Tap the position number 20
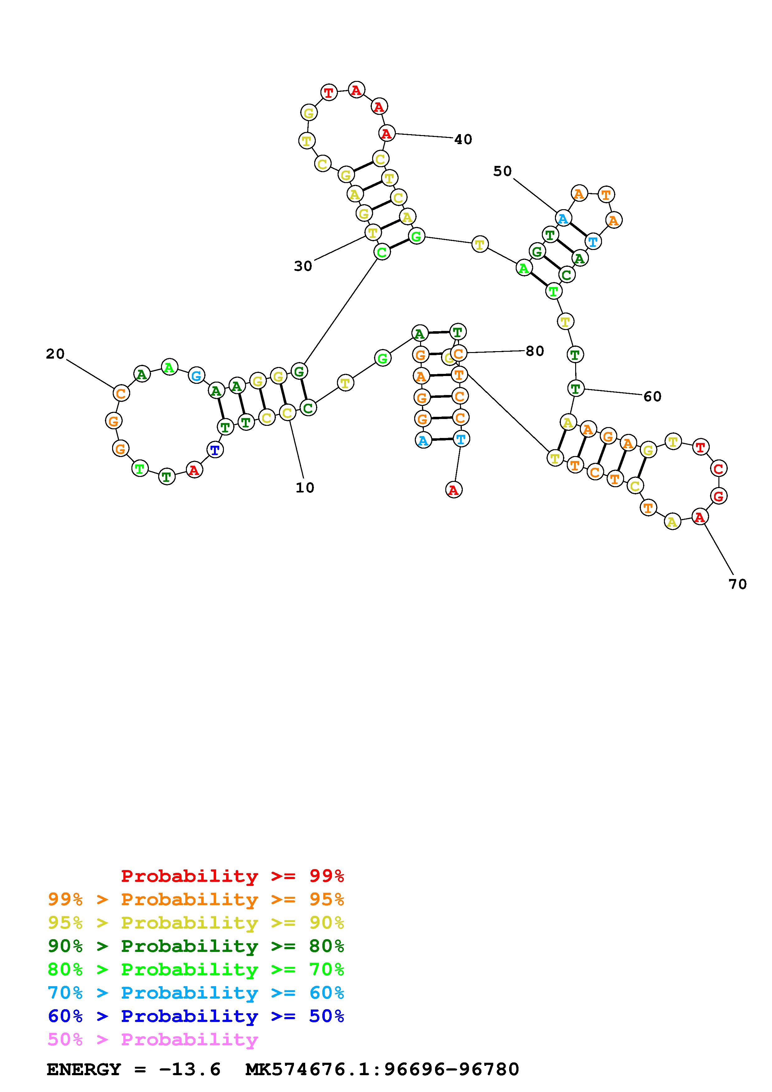point(55,354)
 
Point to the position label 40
point(463,140)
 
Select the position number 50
point(502,171)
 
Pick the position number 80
point(535,351)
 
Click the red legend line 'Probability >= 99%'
point(233,876)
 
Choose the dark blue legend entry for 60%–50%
point(196,1016)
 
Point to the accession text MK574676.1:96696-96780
point(382,1070)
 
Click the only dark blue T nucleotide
point(215,450)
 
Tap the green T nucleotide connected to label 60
point(575,388)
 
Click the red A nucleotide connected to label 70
point(699,516)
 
